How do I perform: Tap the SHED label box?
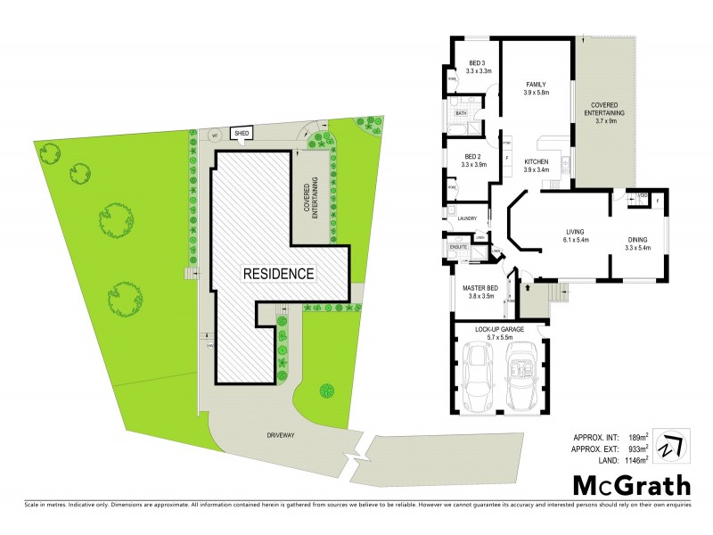coord(241,134)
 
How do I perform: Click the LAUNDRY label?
coord(468,218)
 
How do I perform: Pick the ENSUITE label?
coord(459,245)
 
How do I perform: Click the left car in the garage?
coord(479,375)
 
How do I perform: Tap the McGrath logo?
coord(630,486)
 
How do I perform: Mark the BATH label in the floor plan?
coord(461,114)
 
